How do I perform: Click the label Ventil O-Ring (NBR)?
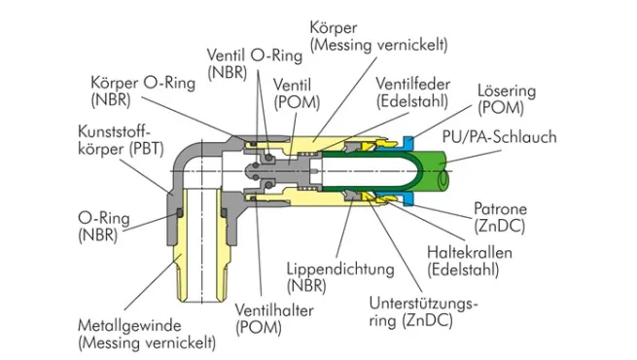[x=255, y=64]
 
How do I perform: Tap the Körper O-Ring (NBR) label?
[x=143, y=91]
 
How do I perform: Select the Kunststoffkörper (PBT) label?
[x=121, y=140]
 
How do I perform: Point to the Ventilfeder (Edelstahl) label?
[x=412, y=92]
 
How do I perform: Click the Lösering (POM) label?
[x=507, y=99]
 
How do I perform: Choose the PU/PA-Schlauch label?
[x=499, y=137]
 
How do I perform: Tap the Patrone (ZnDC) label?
[x=500, y=217]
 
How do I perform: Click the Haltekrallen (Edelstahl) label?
[x=469, y=262]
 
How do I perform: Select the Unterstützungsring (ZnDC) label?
[x=423, y=312]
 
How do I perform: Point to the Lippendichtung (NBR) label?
[x=340, y=277]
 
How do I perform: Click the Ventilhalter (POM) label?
[x=274, y=319]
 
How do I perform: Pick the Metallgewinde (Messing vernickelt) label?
[x=147, y=335]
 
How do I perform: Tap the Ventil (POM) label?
[x=297, y=93]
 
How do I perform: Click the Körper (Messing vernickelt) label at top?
[x=378, y=37]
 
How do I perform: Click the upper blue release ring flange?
[x=408, y=143]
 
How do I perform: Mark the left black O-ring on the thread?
[x=179, y=213]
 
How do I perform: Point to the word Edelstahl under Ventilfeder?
[x=412, y=101]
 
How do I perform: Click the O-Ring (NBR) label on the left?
[x=104, y=227]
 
